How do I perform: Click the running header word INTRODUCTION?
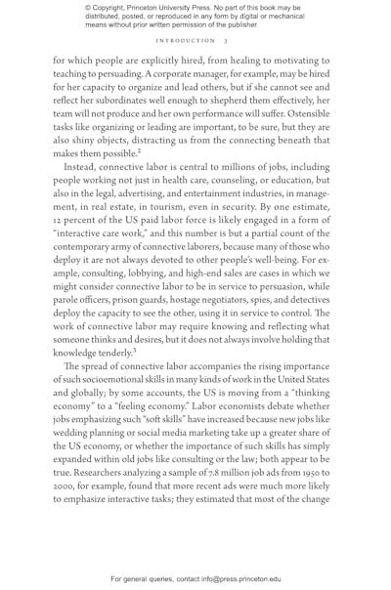click(185, 41)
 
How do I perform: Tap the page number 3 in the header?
click(225, 41)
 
